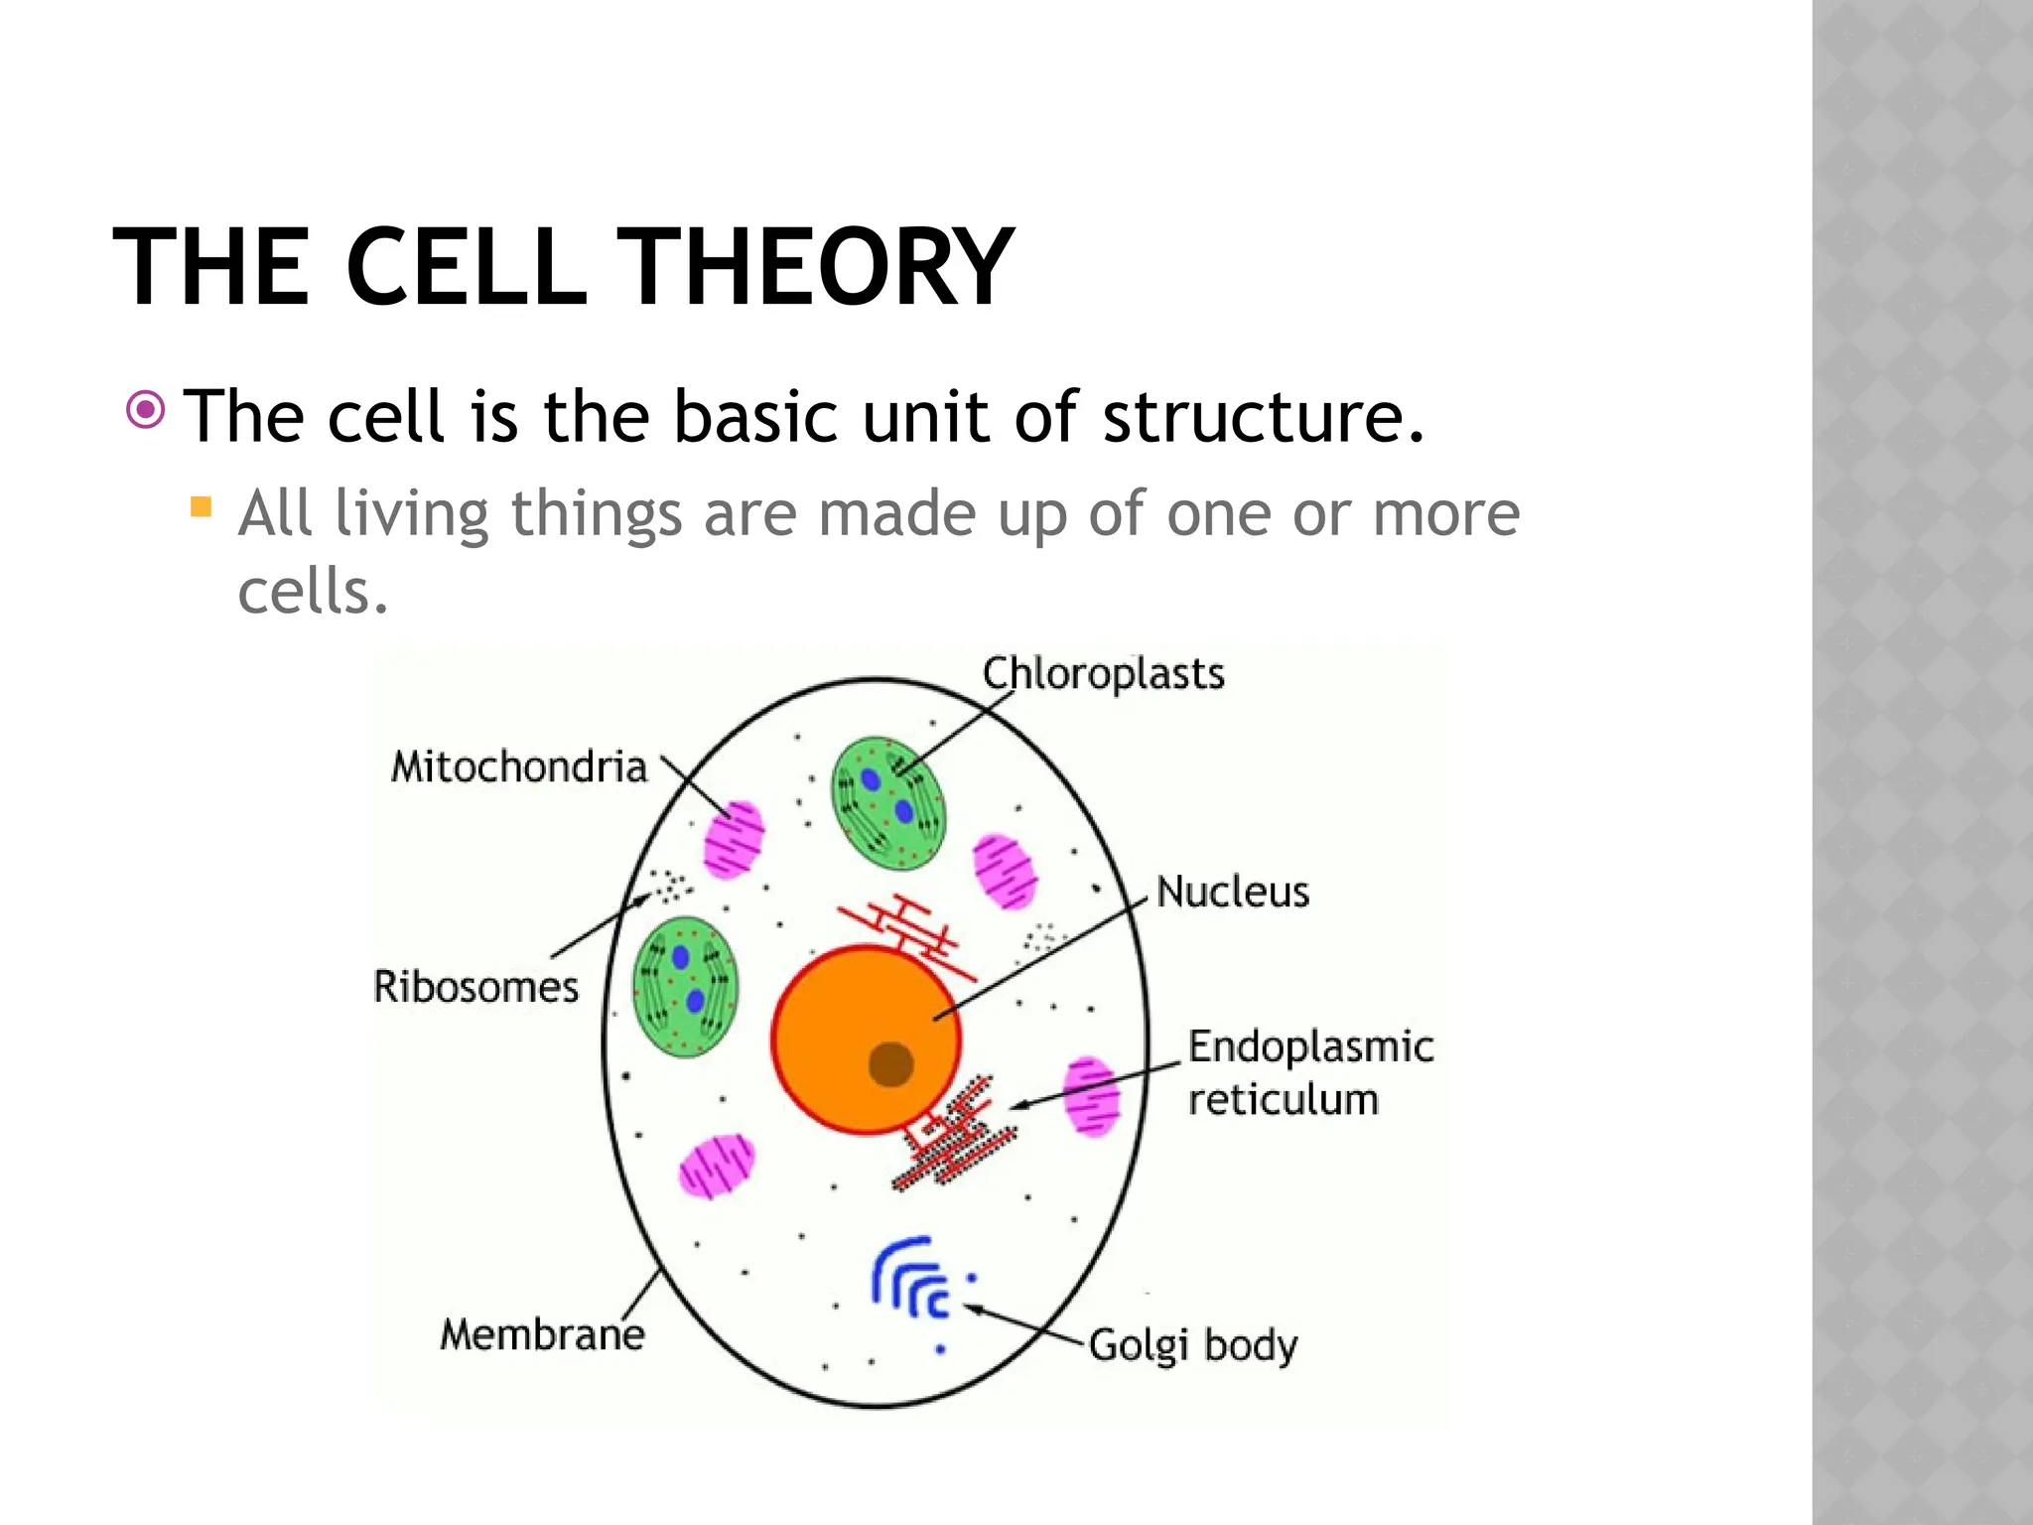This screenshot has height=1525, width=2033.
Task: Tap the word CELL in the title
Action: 467,268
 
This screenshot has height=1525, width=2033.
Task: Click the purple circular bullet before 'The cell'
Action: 146,409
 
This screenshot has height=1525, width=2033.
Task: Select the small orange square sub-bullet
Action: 202,508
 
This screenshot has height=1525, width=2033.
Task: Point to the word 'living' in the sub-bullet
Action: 411,514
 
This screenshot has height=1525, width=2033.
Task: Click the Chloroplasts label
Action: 1103,674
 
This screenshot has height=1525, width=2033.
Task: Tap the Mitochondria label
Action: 519,766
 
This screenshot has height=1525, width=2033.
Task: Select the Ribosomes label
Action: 475,987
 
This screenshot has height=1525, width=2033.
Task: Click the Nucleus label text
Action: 1233,892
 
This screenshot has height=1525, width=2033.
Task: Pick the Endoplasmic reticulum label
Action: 1310,1072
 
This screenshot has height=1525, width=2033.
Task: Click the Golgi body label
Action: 1193,1346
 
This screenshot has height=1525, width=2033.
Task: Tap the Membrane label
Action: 542,1334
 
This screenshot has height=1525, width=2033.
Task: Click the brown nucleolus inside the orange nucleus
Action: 890,1064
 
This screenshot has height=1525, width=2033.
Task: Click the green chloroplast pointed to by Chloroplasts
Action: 888,803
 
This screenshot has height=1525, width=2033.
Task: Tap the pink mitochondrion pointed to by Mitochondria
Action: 734,840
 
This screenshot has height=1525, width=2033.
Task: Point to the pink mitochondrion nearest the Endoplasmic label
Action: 1091,1096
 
